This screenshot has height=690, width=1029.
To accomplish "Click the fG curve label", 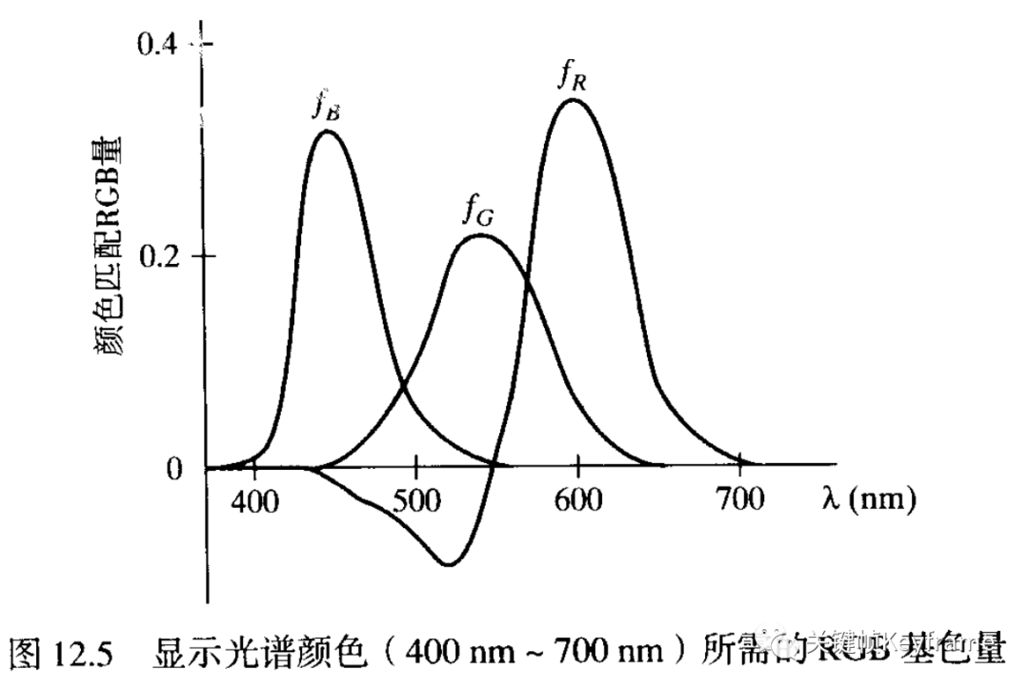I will (x=477, y=211).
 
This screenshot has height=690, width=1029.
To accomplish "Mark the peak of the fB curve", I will (x=327, y=132).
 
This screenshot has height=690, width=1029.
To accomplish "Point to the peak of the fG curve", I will (x=481, y=234).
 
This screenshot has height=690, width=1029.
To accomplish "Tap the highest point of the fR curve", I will (x=571, y=99).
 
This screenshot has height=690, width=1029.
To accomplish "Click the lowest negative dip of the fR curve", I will (x=448, y=564).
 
